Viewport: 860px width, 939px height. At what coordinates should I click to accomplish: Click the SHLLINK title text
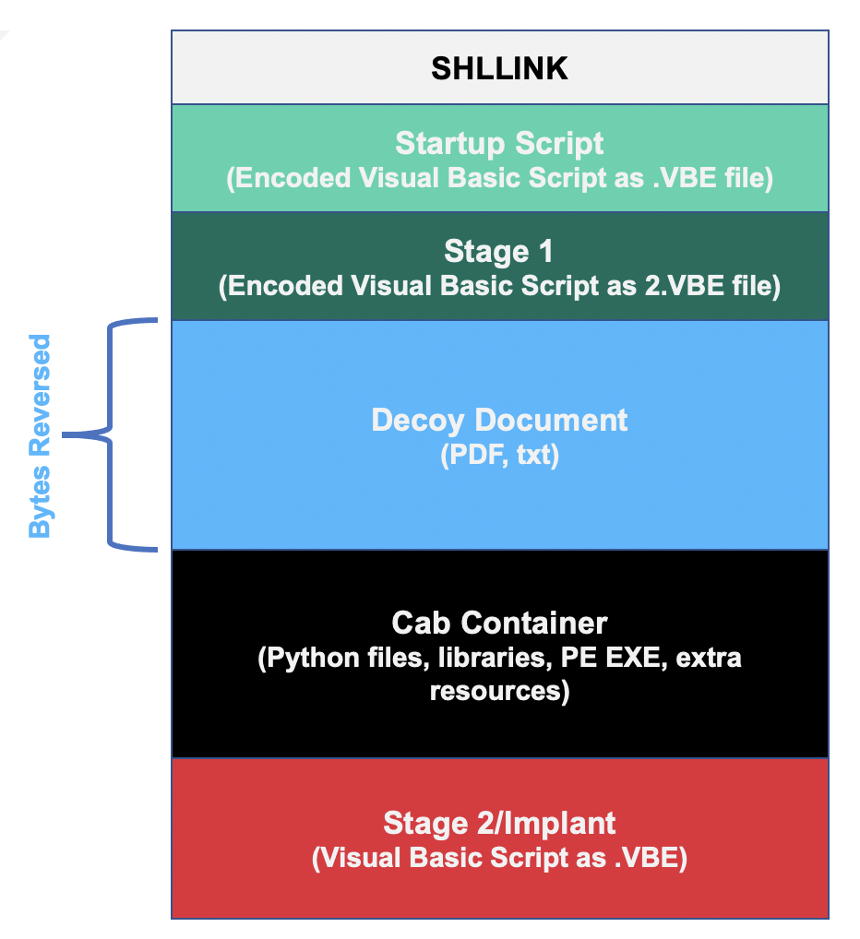tap(499, 69)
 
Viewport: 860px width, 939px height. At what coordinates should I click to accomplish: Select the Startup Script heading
tap(499, 143)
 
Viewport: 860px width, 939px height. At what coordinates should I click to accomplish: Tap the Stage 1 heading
tap(499, 251)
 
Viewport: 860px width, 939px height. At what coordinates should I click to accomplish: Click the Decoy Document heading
tap(499, 420)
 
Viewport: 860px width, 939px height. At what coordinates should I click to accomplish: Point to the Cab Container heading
tap(499, 623)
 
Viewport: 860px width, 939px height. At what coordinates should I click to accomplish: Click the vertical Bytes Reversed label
tap(40, 436)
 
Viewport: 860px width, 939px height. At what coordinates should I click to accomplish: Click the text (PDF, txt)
tap(499, 455)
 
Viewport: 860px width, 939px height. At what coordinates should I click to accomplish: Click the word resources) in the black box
tap(499, 690)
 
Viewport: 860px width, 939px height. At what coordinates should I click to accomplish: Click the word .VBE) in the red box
tap(651, 857)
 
